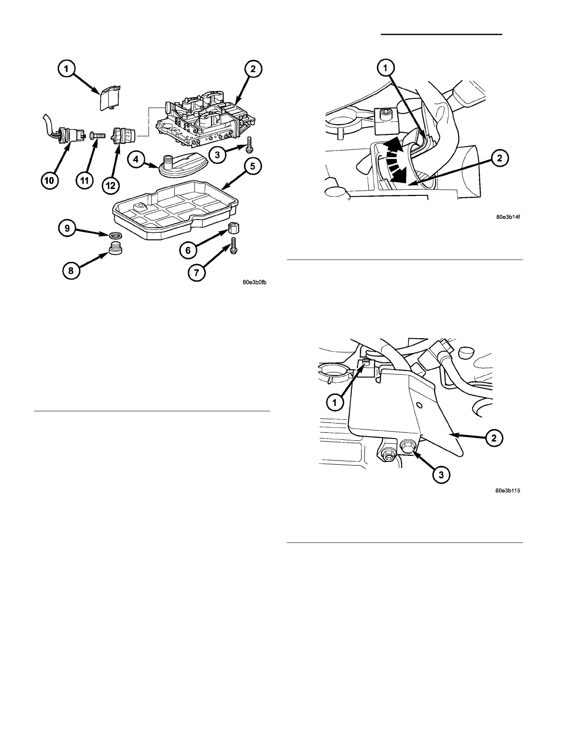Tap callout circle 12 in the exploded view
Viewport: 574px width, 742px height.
111,185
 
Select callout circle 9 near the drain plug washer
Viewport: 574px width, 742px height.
68,228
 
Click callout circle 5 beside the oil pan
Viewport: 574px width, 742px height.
253,166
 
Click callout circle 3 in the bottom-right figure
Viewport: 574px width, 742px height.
441,475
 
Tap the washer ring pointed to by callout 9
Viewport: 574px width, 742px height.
114,236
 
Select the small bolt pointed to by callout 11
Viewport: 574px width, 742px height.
98,135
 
